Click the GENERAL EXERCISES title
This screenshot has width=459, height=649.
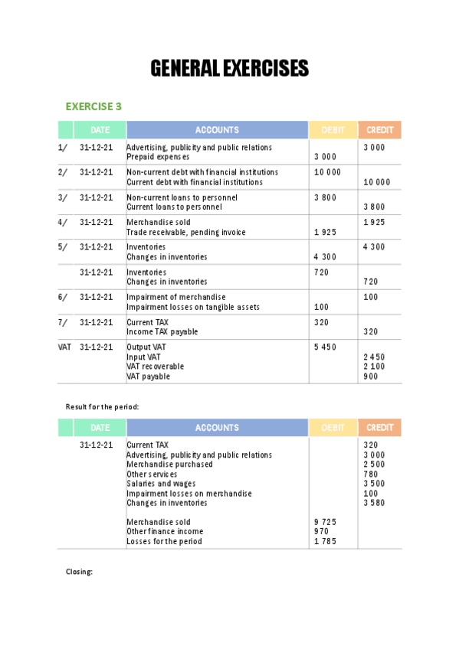pyautogui.click(x=229, y=69)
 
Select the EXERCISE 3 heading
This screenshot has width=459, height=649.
pyautogui.click(x=93, y=106)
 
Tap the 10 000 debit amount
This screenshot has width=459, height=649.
pyautogui.click(x=327, y=172)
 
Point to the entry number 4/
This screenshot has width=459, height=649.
pyautogui.click(x=63, y=223)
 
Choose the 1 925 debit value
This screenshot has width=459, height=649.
pyautogui.click(x=325, y=232)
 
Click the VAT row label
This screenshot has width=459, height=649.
pyautogui.click(x=64, y=347)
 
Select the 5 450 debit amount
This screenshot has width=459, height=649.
pyautogui.click(x=325, y=347)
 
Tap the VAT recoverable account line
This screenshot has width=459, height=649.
pyautogui.click(x=155, y=367)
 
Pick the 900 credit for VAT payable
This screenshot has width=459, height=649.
pyautogui.click(x=370, y=377)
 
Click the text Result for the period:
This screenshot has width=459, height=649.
pyautogui.click(x=102, y=406)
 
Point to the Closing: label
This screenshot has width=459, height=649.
pyautogui.click(x=79, y=571)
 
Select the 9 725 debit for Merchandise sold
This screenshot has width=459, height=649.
pyautogui.click(x=325, y=522)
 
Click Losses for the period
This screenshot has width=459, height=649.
pyautogui.click(x=164, y=542)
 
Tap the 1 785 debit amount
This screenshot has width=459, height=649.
pyautogui.click(x=325, y=542)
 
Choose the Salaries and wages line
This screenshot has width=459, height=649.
pyautogui.click(x=161, y=484)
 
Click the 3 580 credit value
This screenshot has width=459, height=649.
pyautogui.click(x=374, y=503)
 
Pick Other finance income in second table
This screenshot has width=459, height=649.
pyautogui.click(x=165, y=532)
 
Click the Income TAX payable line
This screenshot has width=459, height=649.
pyautogui.click(x=162, y=332)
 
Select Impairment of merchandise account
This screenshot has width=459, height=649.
pyautogui.click(x=176, y=297)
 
